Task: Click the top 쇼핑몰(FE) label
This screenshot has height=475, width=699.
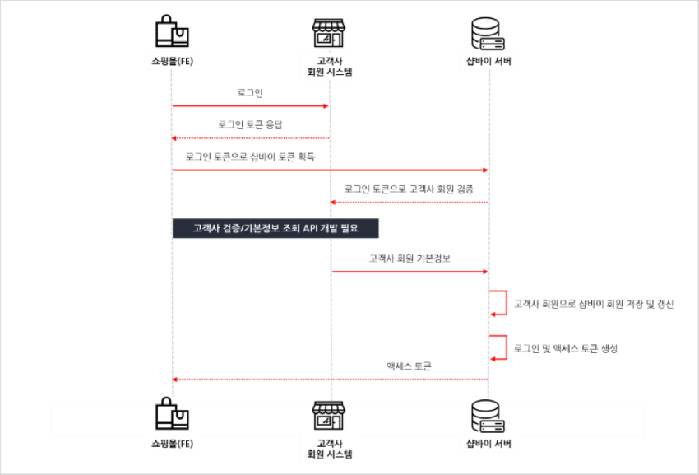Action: tap(172, 60)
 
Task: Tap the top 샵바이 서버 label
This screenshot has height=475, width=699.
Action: tap(488, 60)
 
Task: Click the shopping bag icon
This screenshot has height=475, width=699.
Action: tap(172, 417)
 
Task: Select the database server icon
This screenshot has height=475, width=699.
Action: tap(488, 417)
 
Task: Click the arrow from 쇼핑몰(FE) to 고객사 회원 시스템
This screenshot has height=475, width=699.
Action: tap(251, 106)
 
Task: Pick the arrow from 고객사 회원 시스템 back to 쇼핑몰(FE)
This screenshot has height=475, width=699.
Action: tap(251, 137)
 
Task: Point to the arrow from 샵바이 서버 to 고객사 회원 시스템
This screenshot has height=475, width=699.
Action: tap(409, 202)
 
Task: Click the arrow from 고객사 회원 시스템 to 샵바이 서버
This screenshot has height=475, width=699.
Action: tap(410, 271)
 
